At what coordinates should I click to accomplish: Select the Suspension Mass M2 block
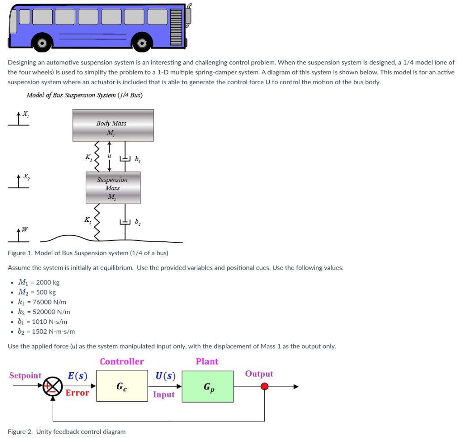(x=113, y=188)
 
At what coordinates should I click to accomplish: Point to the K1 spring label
(x=88, y=157)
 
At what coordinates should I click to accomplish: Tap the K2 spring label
(x=88, y=219)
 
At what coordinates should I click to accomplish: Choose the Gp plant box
(x=208, y=386)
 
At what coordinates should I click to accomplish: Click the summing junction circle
(x=52, y=386)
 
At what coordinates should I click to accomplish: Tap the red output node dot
(x=265, y=386)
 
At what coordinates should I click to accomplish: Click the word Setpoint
(x=25, y=375)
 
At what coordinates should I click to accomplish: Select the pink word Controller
(x=122, y=361)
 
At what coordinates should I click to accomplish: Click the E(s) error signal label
(x=77, y=376)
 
